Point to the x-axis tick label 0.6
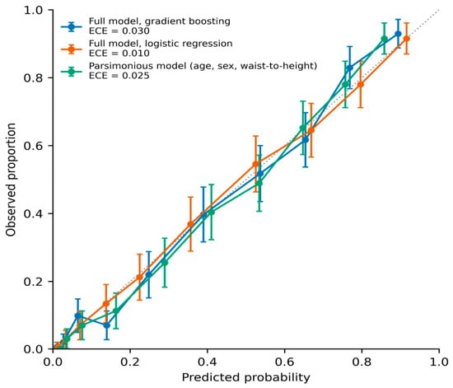point(285,362)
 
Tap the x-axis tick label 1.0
point(439,362)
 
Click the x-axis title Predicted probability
point(246,377)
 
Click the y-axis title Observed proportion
point(11,180)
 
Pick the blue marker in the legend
point(72,27)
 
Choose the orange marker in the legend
point(72,49)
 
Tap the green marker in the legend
point(72,72)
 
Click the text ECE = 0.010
point(119,54)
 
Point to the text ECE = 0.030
point(119,31)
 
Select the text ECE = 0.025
point(119,76)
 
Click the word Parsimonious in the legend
point(121,66)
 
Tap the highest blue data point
point(398,34)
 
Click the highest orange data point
point(407,39)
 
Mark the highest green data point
point(385,39)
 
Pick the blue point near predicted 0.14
point(106,325)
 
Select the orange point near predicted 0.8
point(361,84)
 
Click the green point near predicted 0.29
point(165,263)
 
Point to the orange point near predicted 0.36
point(191,224)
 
